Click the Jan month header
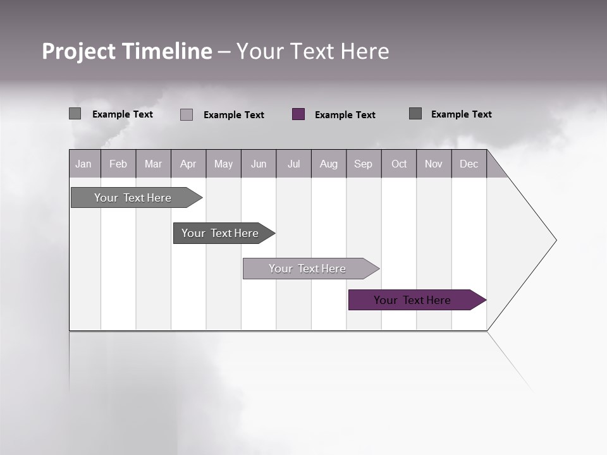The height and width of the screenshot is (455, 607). click(x=84, y=164)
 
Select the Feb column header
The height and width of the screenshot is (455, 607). click(x=118, y=164)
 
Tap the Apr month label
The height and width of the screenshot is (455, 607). click(x=188, y=164)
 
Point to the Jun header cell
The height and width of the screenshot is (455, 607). click(x=259, y=164)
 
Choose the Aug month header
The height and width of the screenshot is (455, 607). click(x=329, y=164)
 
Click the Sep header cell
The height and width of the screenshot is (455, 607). click(x=364, y=164)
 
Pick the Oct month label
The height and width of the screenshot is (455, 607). click(x=399, y=164)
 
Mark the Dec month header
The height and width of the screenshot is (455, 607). click(x=469, y=164)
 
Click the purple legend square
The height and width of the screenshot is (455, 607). click(x=298, y=114)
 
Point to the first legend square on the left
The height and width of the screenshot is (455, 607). click(x=75, y=114)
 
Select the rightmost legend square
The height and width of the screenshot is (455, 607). click(x=415, y=114)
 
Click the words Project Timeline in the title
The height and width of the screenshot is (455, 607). click(x=127, y=51)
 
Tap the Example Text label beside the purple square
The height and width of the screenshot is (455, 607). click(x=345, y=115)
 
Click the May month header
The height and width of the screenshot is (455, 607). click(x=223, y=164)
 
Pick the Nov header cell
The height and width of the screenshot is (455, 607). click(x=434, y=164)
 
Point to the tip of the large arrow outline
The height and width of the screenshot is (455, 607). click(x=555, y=240)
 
